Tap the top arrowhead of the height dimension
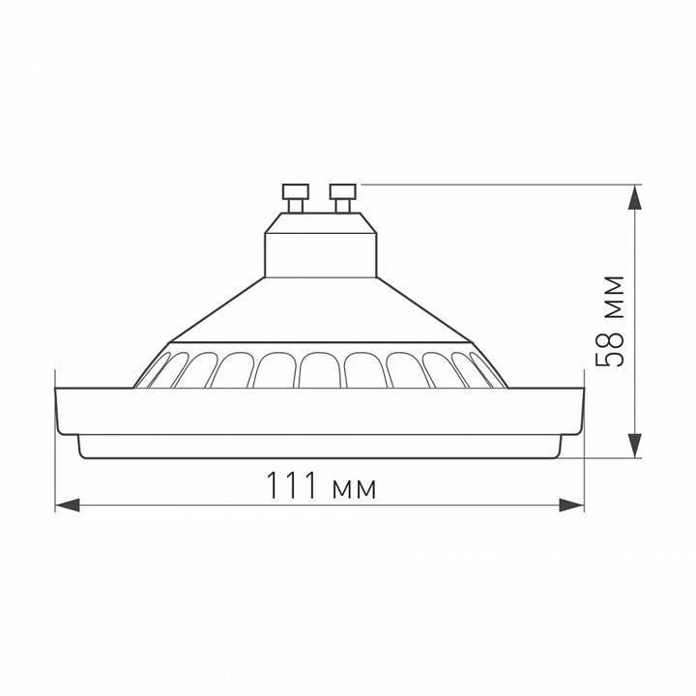pos(634,197)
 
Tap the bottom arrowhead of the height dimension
pos(634,445)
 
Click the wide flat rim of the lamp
pos(319,411)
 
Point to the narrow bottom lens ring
pos(319,447)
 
